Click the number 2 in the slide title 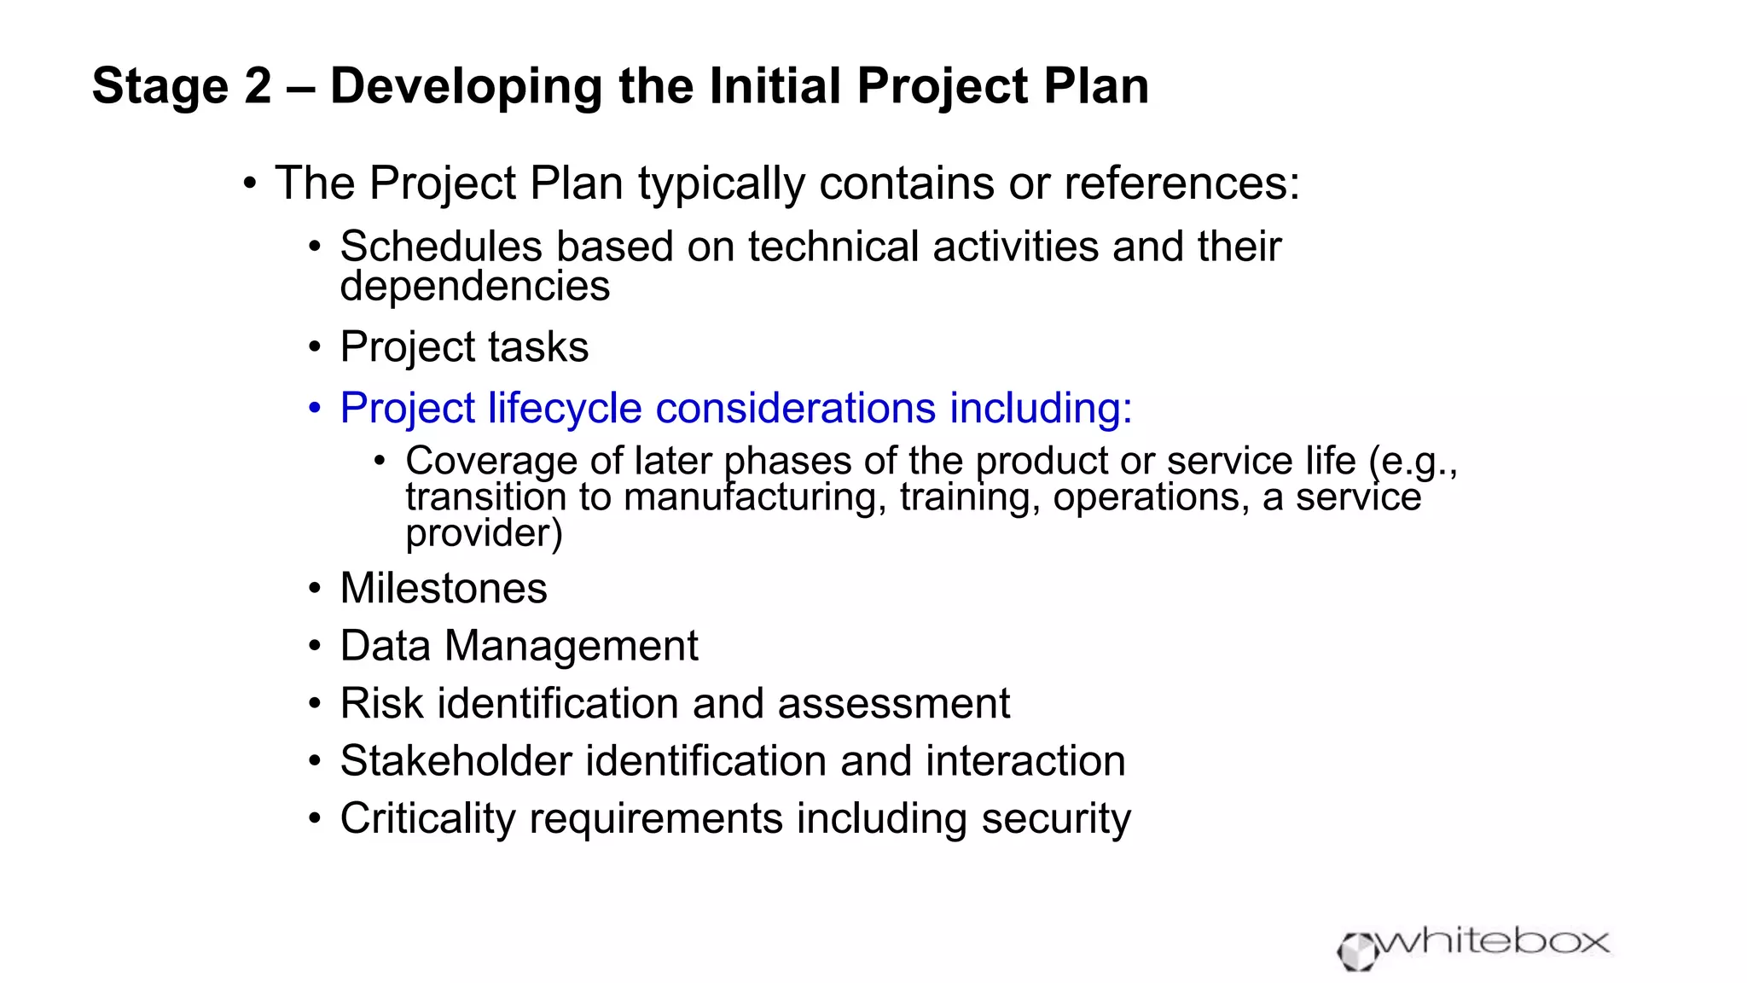tap(255, 86)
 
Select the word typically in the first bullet tap(721, 184)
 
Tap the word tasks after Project tap(538, 347)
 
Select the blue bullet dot tap(315, 408)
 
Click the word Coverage tap(490, 462)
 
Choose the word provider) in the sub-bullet tap(484, 533)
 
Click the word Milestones tap(444, 589)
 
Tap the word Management tap(571, 646)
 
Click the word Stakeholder tap(456, 761)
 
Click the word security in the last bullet tap(1055, 819)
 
